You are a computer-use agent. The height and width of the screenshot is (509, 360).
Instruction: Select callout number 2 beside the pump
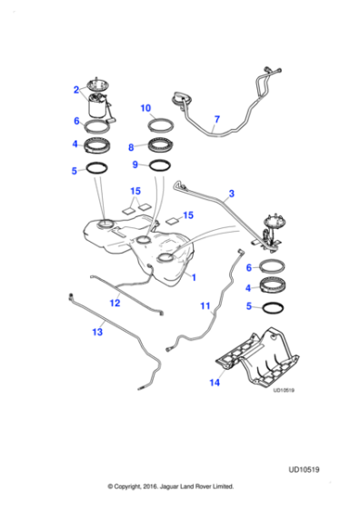76,89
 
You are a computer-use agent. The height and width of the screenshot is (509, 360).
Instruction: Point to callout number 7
216,119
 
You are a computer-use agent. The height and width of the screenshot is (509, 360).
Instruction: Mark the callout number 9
135,165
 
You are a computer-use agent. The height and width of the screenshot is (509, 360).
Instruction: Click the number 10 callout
145,108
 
